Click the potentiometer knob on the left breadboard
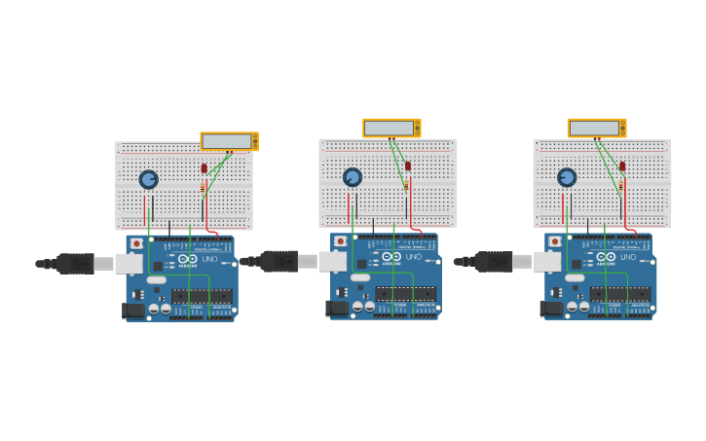point(148,179)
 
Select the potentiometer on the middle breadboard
point(353,177)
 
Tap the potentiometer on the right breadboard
point(567,177)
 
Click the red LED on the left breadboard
point(204,168)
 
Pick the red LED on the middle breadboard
point(408,165)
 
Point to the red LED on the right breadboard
point(622,165)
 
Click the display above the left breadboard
point(227,141)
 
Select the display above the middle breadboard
point(390,128)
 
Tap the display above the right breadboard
point(595,128)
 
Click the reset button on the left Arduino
point(136,243)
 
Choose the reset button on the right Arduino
point(555,241)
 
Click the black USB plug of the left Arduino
point(74,263)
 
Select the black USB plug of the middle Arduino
point(279,261)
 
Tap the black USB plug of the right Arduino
point(493,261)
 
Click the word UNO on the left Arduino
point(209,259)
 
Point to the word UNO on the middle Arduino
point(414,257)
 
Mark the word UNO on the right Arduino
point(628,257)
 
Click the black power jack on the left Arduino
point(132,311)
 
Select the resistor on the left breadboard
point(203,188)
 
